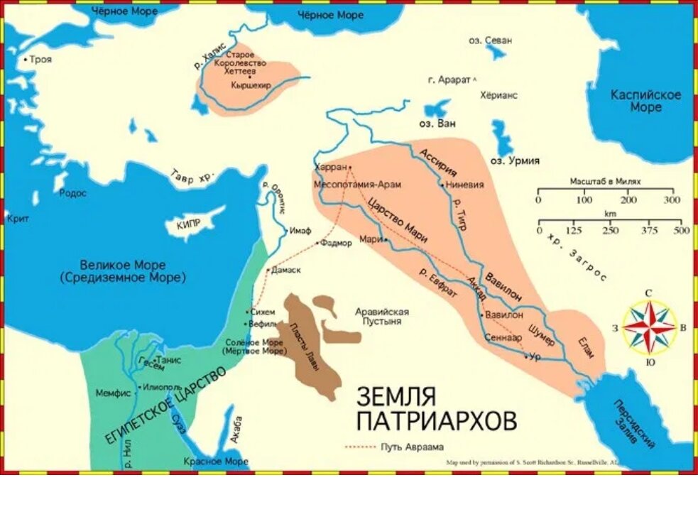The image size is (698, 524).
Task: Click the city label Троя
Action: [40, 60]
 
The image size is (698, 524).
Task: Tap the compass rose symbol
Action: [649, 326]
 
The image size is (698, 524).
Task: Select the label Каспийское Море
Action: [645, 101]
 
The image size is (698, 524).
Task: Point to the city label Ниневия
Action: [465, 185]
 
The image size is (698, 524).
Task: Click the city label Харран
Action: [330, 167]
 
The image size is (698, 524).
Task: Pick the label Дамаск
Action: [287, 270]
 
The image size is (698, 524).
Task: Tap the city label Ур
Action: [535, 356]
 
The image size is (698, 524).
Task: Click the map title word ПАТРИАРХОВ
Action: [436, 421]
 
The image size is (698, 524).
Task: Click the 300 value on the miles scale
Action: [671, 200]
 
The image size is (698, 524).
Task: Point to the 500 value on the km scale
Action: [681, 231]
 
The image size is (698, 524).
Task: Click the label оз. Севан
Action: [490, 40]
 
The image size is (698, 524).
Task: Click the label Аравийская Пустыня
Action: [382, 316]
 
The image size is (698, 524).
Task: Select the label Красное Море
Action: [216, 462]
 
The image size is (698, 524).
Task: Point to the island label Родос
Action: [72, 193]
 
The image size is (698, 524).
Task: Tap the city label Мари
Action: [370, 239]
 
